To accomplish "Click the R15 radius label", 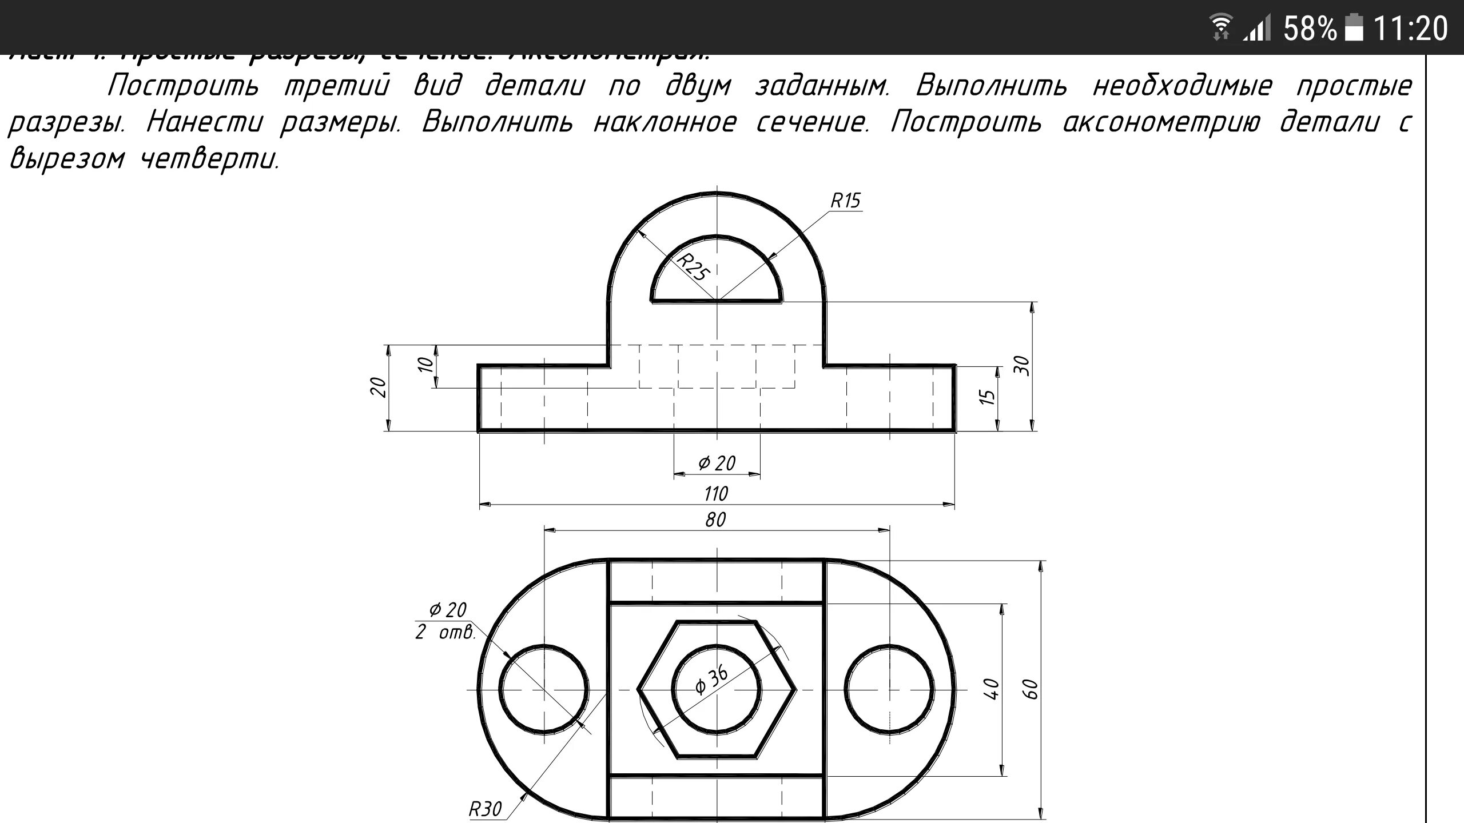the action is tap(845, 201).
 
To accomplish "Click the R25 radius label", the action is tap(693, 267).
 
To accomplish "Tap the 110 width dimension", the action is tap(716, 493).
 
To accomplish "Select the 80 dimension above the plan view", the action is tap(715, 520).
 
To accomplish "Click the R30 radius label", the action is tap(485, 809).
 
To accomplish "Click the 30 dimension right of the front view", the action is tap(1021, 366).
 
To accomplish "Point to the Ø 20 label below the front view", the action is tap(717, 463).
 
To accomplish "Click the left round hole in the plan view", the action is tap(543, 689).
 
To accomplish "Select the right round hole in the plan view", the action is tap(889, 689).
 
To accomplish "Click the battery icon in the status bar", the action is tap(1354, 27).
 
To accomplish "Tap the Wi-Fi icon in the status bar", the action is tap(1221, 27).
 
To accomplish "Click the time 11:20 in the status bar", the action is tap(1410, 27).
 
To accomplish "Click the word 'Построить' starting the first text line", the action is tap(183, 86).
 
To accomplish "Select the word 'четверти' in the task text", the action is tap(210, 159).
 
